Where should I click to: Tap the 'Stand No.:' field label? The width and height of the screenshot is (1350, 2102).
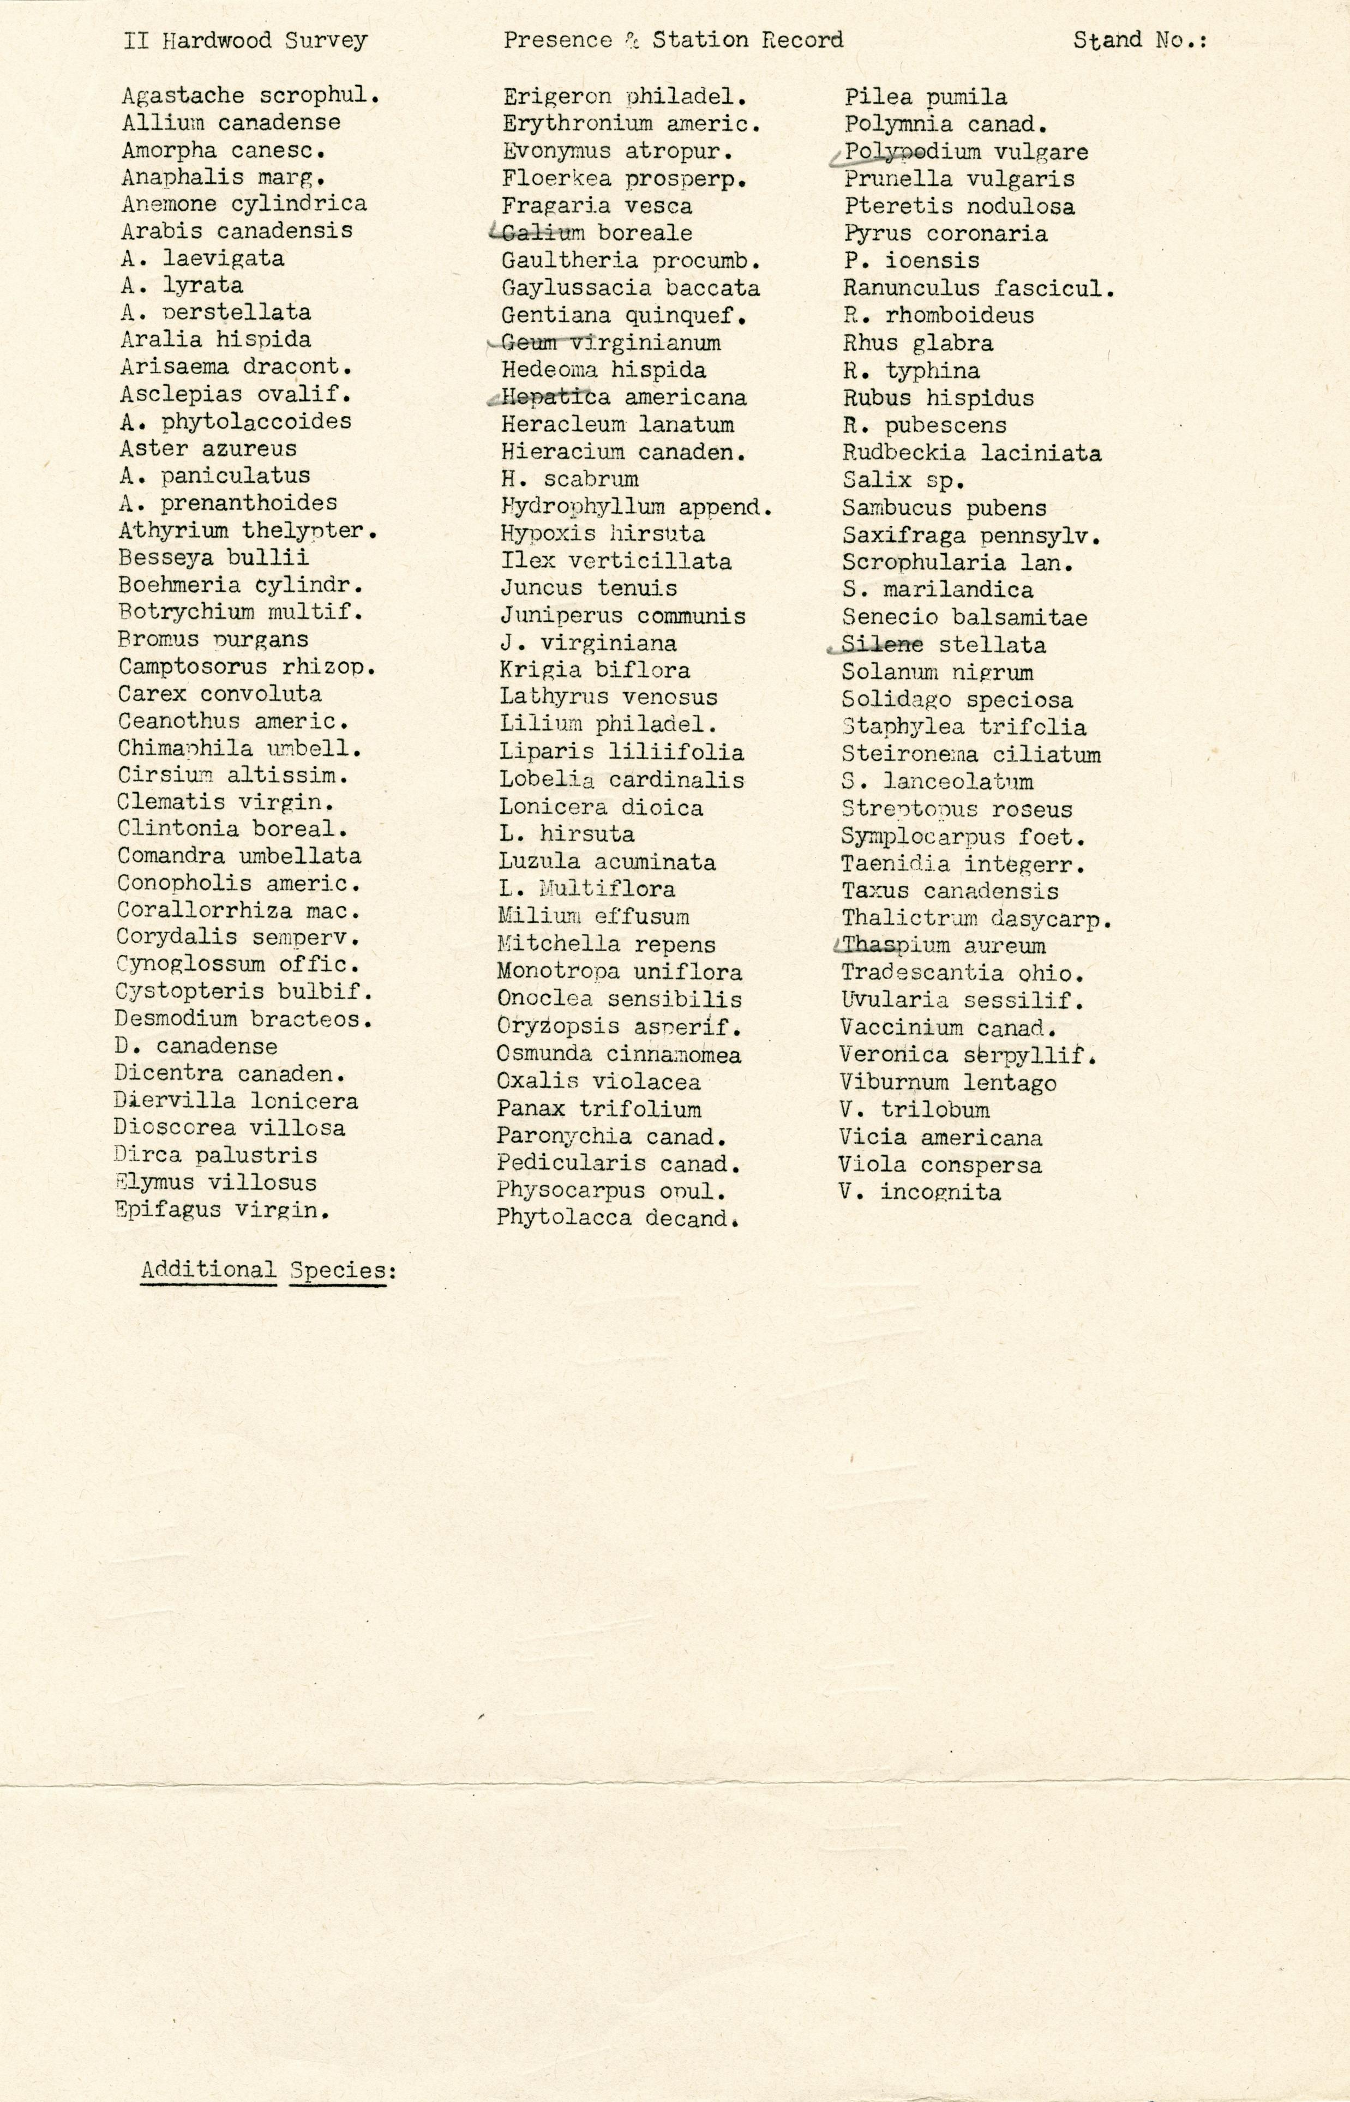click(x=1139, y=40)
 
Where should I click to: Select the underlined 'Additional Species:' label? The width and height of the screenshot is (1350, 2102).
click(x=268, y=1270)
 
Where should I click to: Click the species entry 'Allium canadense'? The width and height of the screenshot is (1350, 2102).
click(x=231, y=123)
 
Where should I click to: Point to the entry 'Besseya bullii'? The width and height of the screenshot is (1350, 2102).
click(x=213, y=557)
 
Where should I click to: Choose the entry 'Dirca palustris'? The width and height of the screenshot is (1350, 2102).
click(x=215, y=1155)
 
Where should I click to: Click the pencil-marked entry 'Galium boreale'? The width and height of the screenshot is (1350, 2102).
click(x=596, y=233)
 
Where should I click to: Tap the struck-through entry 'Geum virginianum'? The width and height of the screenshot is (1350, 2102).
click(x=610, y=343)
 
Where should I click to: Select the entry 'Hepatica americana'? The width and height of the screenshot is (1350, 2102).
click(x=623, y=397)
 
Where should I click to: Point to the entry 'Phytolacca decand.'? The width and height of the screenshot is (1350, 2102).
click(x=617, y=1218)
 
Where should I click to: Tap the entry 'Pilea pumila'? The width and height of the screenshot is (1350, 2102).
click(x=925, y=97)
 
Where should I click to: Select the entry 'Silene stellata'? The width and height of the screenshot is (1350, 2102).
click(x=943, y=645)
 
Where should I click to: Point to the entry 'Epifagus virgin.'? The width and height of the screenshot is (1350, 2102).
click(x=222, y=1210)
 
